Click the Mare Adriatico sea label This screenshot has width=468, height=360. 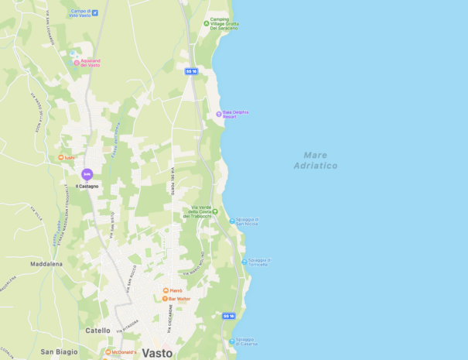316,160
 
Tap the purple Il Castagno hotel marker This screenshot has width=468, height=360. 87,175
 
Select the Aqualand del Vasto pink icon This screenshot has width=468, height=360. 77,63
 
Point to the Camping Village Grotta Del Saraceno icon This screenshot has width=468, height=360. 207,23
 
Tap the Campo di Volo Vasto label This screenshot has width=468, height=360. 80,13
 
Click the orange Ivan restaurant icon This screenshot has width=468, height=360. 61,157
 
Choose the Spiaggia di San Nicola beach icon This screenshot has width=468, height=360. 231,221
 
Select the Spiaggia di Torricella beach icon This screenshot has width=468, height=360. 244,262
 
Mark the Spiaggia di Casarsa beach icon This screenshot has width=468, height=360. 231,341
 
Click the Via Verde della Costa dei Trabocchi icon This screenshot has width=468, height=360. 215,211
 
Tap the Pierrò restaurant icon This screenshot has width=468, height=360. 165,291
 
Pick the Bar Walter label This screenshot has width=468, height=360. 179,298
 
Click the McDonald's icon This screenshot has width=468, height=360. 108,352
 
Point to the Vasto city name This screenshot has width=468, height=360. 158,352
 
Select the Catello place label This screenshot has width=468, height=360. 97,331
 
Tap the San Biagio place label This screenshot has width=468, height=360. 59,351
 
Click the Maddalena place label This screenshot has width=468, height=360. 46,263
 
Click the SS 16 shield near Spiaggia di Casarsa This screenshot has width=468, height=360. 228,316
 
